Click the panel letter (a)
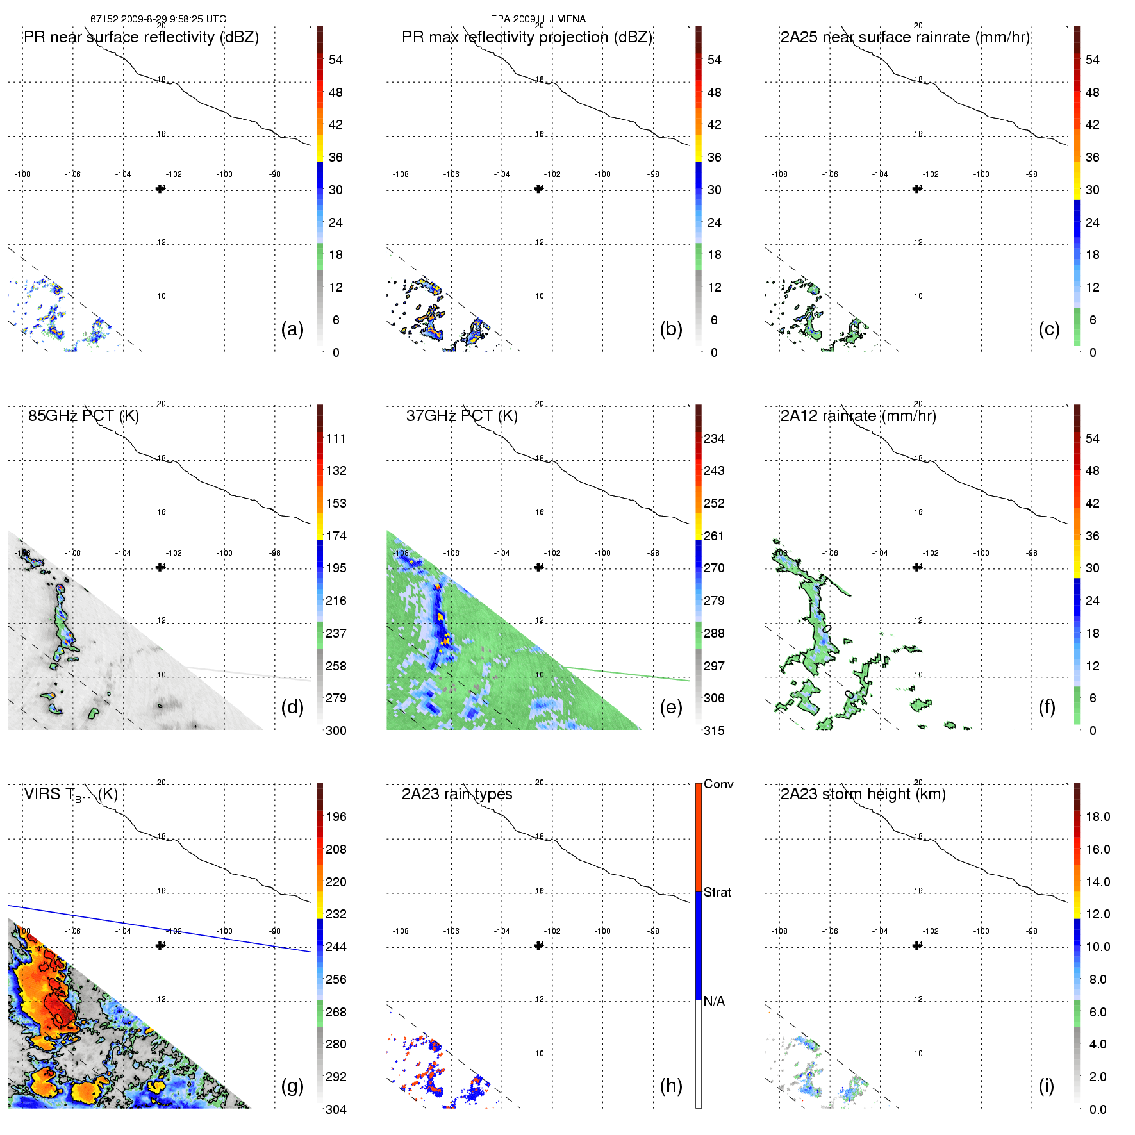292,329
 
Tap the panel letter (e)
670,708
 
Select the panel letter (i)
1046,1086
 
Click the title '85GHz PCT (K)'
83,416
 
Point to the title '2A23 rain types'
457,794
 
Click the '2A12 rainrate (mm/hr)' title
858,416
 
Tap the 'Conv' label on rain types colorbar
718,784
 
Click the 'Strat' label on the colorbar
717,892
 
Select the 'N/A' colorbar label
714,1001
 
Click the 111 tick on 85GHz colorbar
336,439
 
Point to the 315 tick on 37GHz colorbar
714,731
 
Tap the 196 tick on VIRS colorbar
336,817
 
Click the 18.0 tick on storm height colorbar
1098,817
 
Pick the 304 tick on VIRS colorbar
336,1109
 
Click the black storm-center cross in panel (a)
160,188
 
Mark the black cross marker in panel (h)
538,945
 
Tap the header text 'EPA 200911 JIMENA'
538,19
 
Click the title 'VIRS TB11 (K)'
70,795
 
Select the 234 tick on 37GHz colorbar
714,439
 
